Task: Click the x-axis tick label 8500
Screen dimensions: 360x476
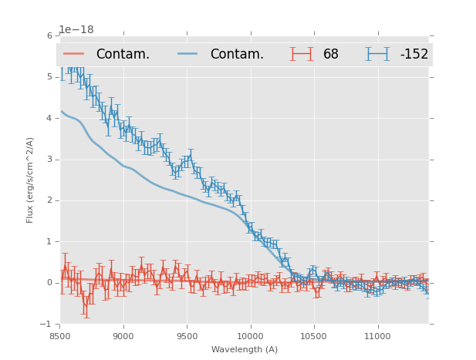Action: (x=60, y=336)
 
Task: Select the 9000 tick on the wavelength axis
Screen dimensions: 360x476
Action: (x=123, y=336)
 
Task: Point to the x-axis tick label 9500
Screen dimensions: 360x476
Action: (x=187, y=336)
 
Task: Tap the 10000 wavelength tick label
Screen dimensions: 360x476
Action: (x=250, y=336)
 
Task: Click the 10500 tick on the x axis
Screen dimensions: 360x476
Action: (x=313, y=336)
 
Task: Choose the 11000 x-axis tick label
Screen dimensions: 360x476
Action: (x=376, y=336)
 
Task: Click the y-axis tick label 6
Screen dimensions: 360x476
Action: (x=49, y=36)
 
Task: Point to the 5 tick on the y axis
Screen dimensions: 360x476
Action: (x=49, y=77)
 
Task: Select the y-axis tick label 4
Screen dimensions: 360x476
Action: (x=49, y=119)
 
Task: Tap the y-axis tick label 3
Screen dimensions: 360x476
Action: (x=49, y=160)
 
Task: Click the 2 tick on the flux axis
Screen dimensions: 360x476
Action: (x=49, y=200)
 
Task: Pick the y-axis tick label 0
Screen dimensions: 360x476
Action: (x=49, y=283)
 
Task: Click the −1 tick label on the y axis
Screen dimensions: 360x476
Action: (x=47, y=324)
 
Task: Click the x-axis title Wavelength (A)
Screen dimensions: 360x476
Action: (x=245, y=349)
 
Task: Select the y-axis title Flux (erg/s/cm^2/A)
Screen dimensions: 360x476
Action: (x=31, y=180)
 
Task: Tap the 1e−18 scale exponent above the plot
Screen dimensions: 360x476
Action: (x=76, y=30)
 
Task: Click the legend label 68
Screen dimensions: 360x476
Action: (x=331, y=55)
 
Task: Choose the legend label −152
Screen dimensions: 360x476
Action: (x=414, y=55)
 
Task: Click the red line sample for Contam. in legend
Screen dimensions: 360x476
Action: (x=74, y=54)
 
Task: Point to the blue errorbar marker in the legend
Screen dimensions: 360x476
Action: (x=378, y=54)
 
